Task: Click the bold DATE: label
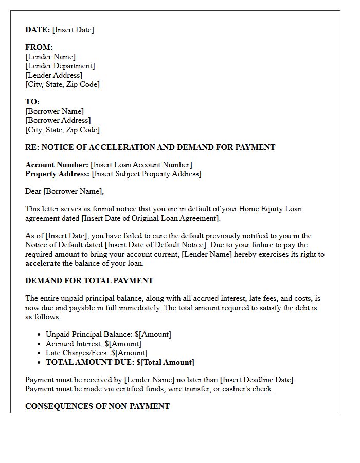38,30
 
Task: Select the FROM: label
39,47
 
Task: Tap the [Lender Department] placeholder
60,66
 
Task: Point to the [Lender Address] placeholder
53,75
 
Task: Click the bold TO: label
32,102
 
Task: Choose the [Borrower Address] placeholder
58,120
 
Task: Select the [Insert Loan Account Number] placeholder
141,165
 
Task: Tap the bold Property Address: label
57,174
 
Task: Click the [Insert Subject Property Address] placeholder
147,174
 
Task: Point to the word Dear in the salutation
33,191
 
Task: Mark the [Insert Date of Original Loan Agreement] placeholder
150,218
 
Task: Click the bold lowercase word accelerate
43,263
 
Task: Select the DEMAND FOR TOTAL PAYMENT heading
89,281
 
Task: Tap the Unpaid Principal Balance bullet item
108,334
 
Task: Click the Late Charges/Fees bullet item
96,353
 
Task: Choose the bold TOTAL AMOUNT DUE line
120,362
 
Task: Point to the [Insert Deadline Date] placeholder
257,380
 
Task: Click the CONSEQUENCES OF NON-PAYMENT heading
97,406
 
